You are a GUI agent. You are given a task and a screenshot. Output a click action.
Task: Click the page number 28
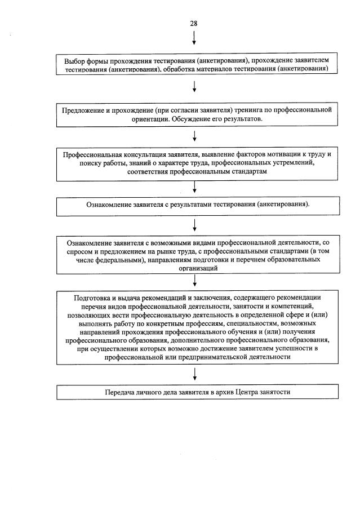(194, 23)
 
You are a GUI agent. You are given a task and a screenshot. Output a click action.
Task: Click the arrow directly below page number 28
(194, 38)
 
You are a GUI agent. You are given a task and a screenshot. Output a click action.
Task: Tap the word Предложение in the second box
(83, 110)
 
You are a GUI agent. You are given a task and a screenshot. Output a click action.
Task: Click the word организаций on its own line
(194, 269)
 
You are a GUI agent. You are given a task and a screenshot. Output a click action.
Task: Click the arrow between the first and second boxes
(194, 86)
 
